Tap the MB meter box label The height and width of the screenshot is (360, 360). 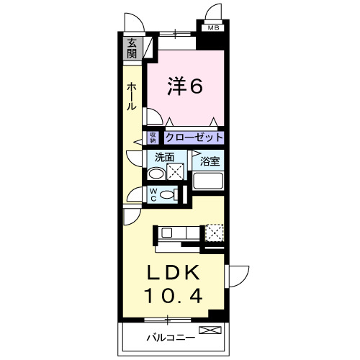[x=212, y=28]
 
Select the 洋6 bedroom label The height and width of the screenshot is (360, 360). [x=185, y=86]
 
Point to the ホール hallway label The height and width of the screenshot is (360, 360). [x=132, y=96]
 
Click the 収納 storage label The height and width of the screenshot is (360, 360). [x=153, y=137]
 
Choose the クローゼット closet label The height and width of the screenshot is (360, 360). [x=194, y=137]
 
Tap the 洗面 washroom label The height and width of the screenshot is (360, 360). [x=164, y=156]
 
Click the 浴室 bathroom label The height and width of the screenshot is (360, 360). [x=210, y=162]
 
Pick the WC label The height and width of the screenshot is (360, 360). [x=153, y=194]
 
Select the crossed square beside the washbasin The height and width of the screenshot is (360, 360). [x=175, y=173]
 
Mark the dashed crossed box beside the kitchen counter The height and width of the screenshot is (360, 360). [x=215, y=233]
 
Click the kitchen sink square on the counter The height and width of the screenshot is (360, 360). [x=165, y=233]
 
